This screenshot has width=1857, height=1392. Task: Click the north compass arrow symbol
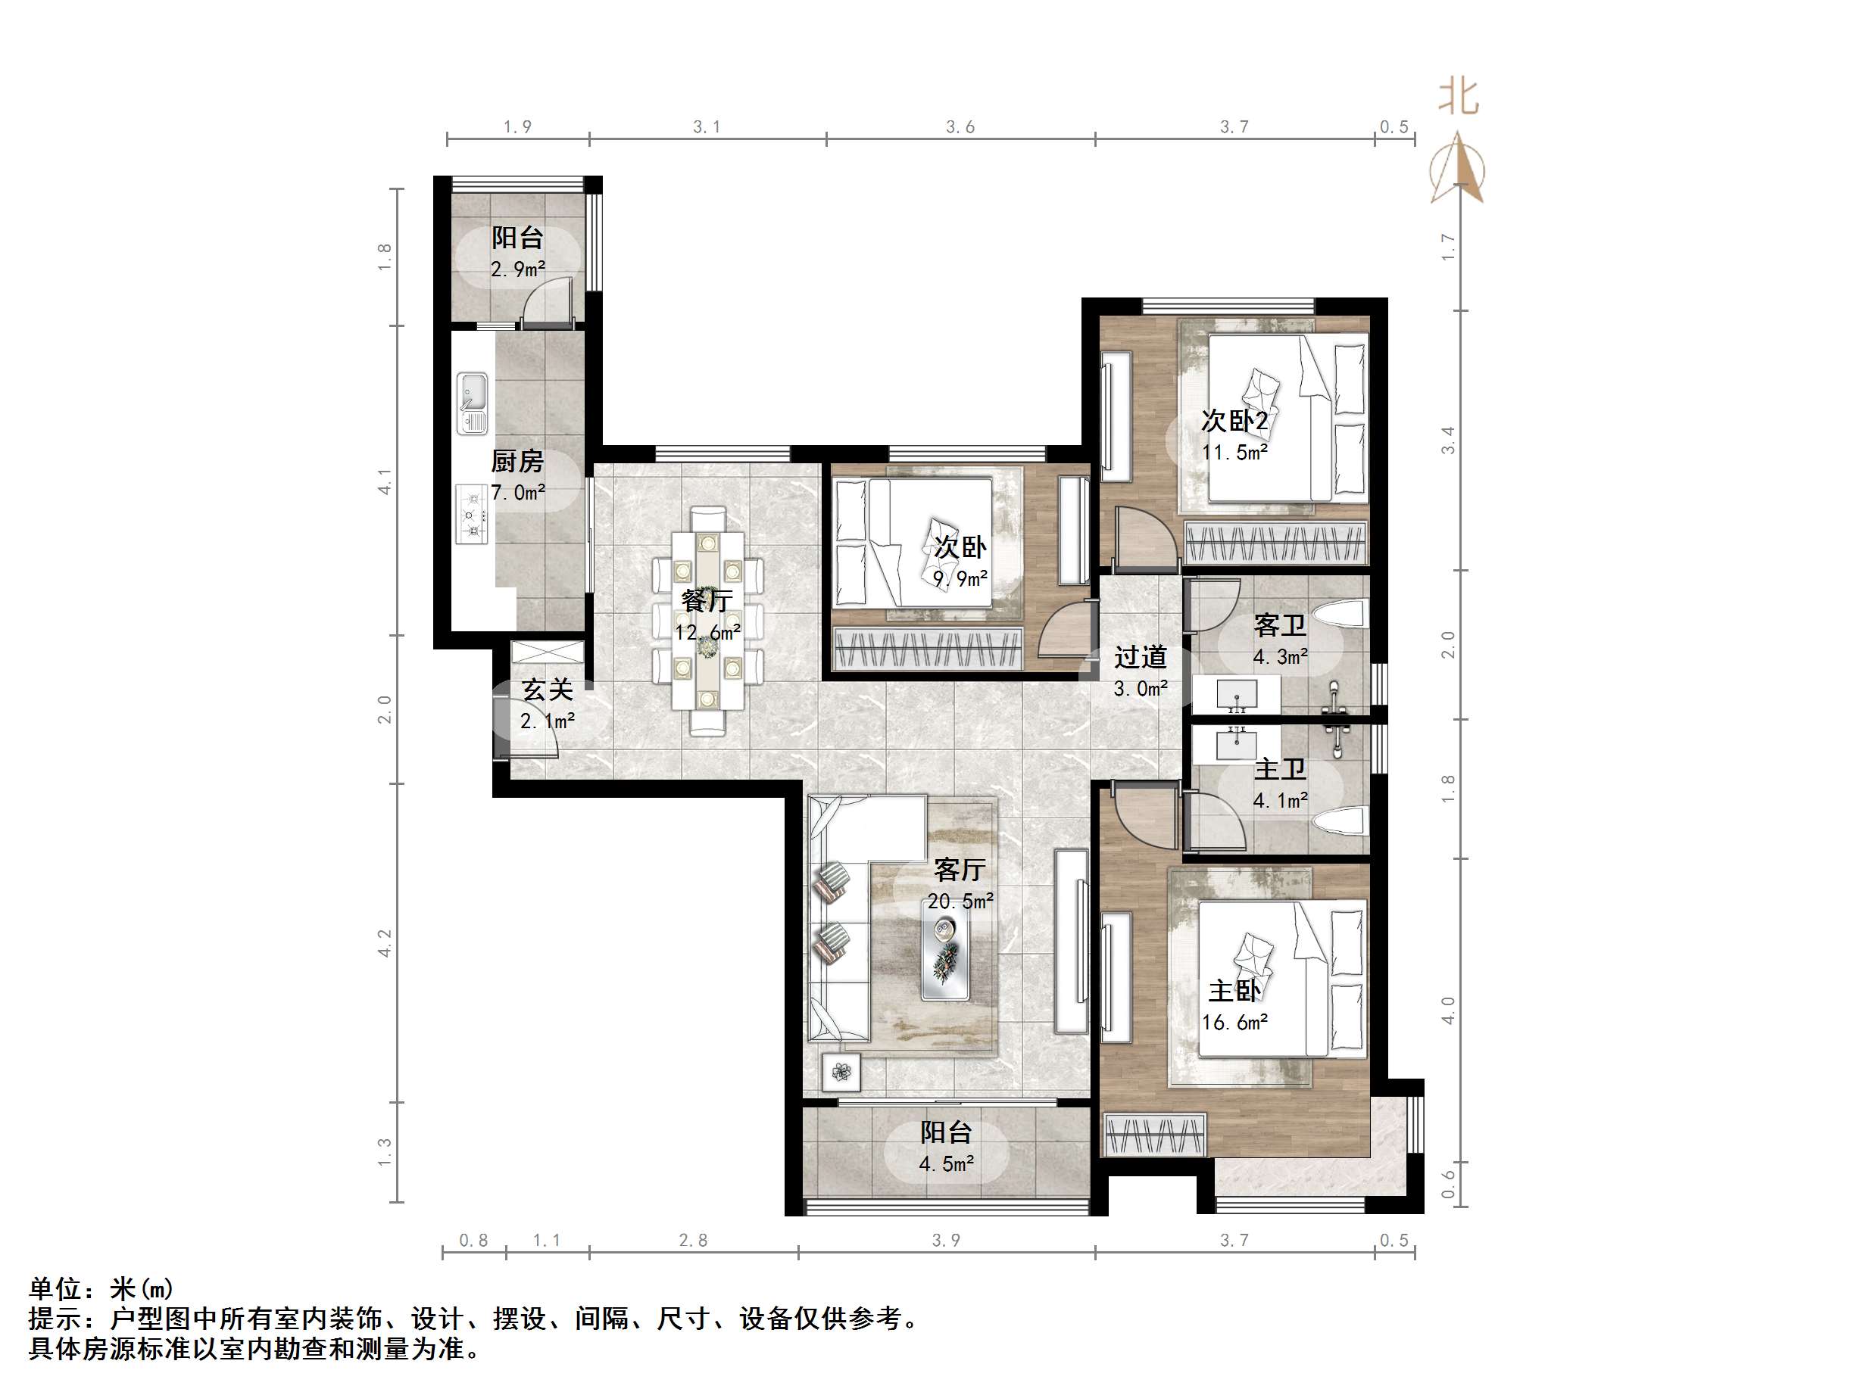tap(1458, 169)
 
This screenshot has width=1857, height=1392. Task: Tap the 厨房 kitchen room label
tap(517, 462)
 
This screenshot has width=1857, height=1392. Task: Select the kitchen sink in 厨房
tap(473, 403)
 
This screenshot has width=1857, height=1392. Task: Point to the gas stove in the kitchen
tap(473, 512)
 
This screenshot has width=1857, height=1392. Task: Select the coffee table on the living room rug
tap(945, 958)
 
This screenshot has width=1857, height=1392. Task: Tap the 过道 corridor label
tap(1140, 657)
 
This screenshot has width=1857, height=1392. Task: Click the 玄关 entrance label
tap(548, 690)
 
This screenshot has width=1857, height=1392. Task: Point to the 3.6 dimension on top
tap(960, 126)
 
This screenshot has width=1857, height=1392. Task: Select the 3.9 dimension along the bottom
tap(945, 1240)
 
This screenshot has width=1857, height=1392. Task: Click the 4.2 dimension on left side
tap(385, 942)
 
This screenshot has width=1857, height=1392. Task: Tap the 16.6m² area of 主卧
tap(1234, 1023)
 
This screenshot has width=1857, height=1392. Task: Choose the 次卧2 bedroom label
tap(1234, 420)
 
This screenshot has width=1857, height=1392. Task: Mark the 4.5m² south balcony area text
tap(946, 1163)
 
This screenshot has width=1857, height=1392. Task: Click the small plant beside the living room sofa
tap(841, 1072)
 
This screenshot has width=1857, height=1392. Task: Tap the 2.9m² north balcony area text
tap(518, 269)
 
